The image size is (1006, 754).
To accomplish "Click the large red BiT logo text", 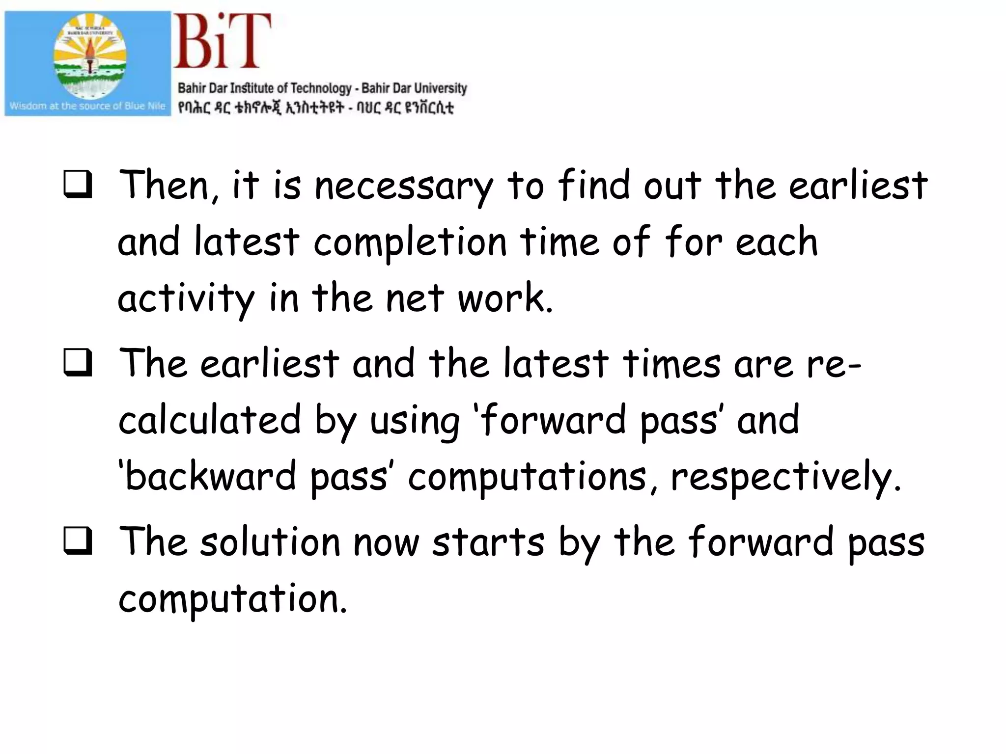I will coord(222,41).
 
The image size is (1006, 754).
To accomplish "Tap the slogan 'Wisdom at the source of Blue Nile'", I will coord(87,106).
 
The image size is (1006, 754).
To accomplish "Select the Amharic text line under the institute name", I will coord(315,108).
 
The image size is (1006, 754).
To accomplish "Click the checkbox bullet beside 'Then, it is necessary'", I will coord(78,184).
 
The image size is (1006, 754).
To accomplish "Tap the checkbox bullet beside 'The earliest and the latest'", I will coord(78,362).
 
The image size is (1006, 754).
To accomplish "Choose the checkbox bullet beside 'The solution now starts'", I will coord(78,540).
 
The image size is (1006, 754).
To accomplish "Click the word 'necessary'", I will coord(403,187).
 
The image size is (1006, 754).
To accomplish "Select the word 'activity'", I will coord(186,299).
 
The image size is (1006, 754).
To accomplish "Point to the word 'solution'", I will coord(270,542).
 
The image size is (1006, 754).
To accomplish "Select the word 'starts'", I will coord(488,542).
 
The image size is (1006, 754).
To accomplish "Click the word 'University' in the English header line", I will coord(440,88).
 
